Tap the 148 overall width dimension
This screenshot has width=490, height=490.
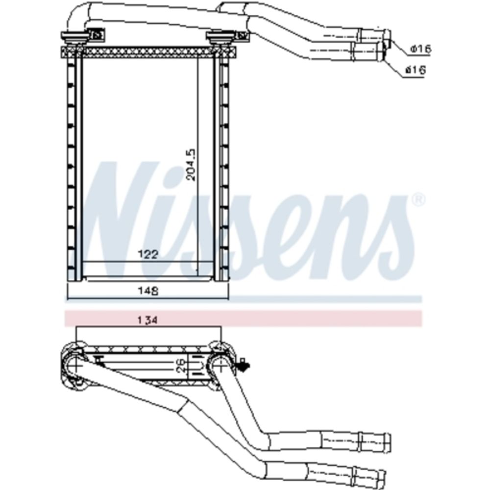[x=148, y=291]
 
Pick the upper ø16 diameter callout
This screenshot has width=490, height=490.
[x=420, y=49]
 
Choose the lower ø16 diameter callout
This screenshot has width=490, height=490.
[x=416, y=70]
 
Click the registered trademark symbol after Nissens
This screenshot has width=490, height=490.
[x=419, y=200]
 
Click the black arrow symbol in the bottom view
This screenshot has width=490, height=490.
[x=243, y=364]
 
